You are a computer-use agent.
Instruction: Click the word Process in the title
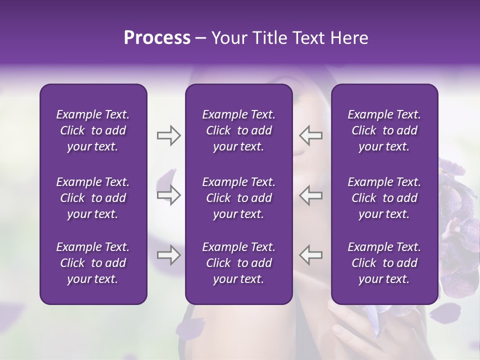[x=157, y=38]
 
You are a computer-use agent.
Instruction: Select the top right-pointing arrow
[x=168, y=135]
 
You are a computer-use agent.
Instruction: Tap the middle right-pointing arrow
[x=168, y=195]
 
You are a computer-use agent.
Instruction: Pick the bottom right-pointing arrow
[x=168, y=255]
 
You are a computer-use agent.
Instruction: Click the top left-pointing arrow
[x=310, y=135]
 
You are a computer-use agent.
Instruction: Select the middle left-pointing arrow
[x=310, y=195]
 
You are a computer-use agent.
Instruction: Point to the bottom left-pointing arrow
[x=310, y=255]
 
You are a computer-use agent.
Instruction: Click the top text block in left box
[x=93, y=130]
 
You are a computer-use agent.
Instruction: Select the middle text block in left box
[x=93, y=198]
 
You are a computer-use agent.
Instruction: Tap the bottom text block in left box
[x=93, y=263]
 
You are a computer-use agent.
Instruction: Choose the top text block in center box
[x=238, y=130]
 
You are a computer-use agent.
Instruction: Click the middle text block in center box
[x=238, y=198]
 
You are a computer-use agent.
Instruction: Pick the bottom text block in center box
[x=238, y=263]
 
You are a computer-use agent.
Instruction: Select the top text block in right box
[x=384, y=130]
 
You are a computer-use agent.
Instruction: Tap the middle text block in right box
[x=384, y=198]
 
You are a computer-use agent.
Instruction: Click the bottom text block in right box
[x=384, y=263]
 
